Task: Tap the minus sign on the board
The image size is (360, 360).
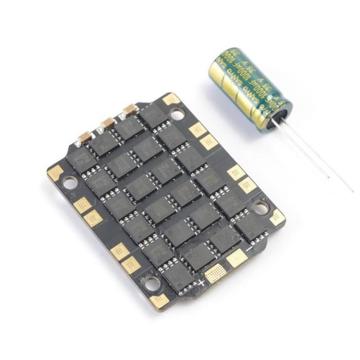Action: (249, 249)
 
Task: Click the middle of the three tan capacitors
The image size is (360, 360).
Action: (108, 123)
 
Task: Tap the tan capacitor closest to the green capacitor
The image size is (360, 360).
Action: (130, 109)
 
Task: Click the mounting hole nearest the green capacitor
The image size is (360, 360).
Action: (177, 114)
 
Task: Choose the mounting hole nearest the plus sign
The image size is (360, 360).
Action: (151, 282)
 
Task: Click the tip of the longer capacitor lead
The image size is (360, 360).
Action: (353, 191)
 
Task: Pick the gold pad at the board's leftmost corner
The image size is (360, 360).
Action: (55, 172)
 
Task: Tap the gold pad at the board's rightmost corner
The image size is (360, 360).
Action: (278, 218)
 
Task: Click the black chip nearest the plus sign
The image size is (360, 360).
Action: (177, 278)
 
